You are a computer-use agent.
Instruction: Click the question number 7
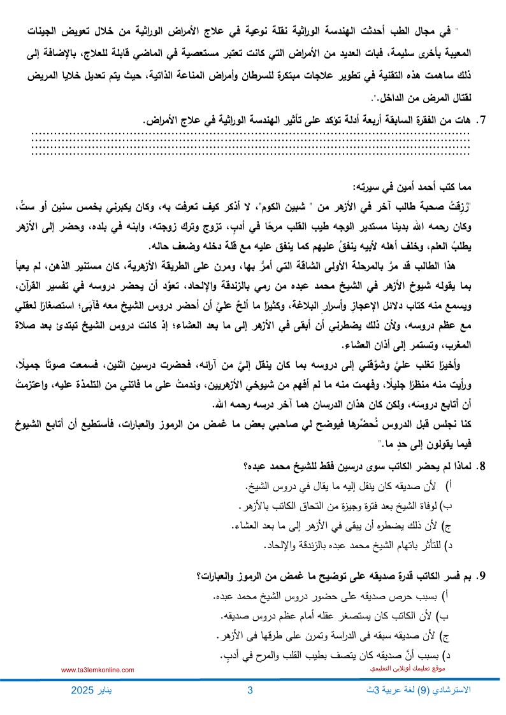click(x=482, y=119)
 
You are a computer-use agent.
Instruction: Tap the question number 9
click(x=482, y=577)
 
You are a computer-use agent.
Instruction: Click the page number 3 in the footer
click(x=250, y=691)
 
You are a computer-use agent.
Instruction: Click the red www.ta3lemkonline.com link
click(x=98, y=670)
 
